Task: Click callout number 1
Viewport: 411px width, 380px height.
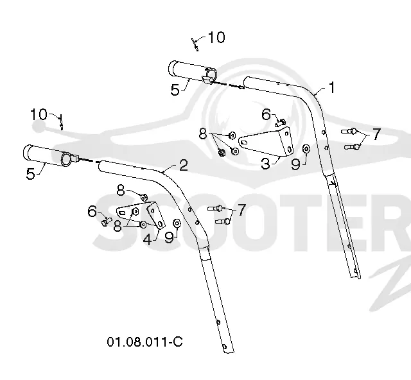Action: pos(332,87)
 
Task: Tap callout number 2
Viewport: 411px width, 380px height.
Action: pos(184,166)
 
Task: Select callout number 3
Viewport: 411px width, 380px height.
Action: pos(265,164)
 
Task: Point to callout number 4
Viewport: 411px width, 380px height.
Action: pos(148,239)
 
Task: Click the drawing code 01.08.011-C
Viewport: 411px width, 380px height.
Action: pos(144,341)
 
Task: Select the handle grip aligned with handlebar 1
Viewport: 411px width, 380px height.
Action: pos(193,73)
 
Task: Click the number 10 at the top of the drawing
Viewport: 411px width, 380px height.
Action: pos(216,37)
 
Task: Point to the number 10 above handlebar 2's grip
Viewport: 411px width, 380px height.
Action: pos(39,114)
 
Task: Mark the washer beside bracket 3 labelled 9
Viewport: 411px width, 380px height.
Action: pos(306,149)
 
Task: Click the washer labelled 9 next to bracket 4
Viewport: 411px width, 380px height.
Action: pos(177,223)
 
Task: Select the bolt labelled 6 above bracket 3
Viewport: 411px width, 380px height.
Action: pos(281,123)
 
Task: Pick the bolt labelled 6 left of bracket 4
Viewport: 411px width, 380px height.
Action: pos(107,222)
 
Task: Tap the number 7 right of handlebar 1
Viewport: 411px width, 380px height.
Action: pos(376,134)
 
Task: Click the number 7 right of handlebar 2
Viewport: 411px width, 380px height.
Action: pos(241,209)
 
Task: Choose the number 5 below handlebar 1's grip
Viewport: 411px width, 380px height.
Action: pos(175,90)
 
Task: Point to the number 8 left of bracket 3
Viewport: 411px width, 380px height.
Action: pos(203,134)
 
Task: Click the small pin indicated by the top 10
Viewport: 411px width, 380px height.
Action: pos(195,44)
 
